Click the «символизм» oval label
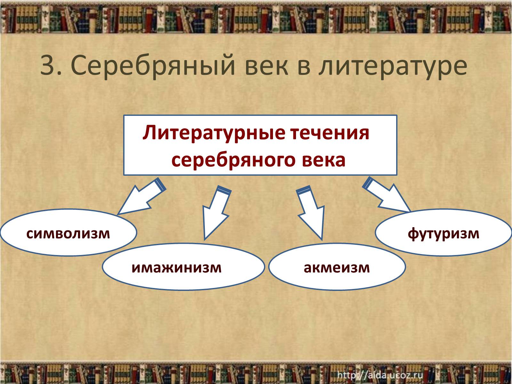tap(68, 233)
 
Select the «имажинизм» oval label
tap(177, 268)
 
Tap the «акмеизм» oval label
tap(337, 268)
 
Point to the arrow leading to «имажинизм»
tap(216, 212)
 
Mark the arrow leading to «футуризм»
tap(386, 195)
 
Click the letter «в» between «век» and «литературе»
tap(303, 67)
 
